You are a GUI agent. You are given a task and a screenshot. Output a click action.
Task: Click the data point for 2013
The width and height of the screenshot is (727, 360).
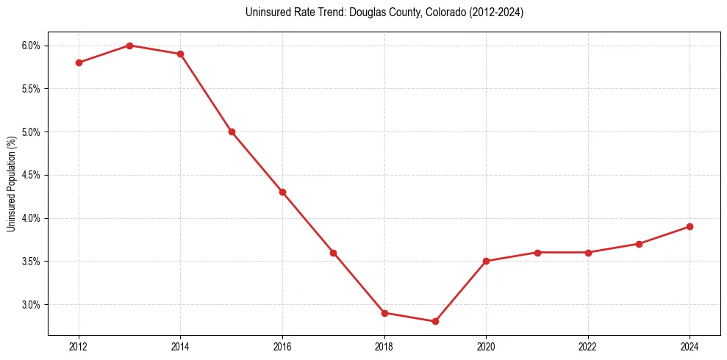(129, 46)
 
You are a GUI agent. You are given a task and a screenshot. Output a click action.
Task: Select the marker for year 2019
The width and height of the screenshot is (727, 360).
(435, 321)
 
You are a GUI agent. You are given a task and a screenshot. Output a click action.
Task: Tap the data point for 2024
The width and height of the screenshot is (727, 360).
(690, 226)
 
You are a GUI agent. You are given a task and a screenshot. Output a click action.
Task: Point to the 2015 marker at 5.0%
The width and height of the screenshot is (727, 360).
(232, 132)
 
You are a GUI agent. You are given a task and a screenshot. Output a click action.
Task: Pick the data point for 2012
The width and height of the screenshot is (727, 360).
(79, 62)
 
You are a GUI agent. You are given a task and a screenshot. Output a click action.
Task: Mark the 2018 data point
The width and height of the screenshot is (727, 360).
(384, 313)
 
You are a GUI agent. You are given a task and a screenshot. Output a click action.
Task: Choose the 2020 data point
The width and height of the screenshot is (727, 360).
(486, 261)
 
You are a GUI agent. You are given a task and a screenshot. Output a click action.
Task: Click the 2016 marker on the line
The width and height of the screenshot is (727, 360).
(282, 192)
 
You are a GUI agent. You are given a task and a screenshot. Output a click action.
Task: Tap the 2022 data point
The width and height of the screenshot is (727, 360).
(588, 253)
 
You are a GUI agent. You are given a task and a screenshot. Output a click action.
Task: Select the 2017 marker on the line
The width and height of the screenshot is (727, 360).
(333, 253)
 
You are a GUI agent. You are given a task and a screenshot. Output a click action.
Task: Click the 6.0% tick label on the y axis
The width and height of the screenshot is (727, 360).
(31, 46)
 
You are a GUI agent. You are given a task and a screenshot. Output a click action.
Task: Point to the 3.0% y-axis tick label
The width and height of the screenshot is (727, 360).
(31, 304)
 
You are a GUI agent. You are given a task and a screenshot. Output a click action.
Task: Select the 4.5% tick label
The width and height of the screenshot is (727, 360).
(31, 175)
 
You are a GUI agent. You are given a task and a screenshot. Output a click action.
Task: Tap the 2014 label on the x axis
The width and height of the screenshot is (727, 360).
(180, 346)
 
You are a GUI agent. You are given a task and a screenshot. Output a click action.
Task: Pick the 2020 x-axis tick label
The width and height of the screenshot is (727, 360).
(486, 346)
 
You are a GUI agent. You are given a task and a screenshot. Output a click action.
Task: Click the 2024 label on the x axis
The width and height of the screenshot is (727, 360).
(690, 346)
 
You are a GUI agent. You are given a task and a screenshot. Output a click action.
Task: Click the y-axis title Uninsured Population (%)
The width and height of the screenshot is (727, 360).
(12, 184)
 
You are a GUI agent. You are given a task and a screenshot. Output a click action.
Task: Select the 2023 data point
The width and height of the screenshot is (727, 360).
(639, 244)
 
